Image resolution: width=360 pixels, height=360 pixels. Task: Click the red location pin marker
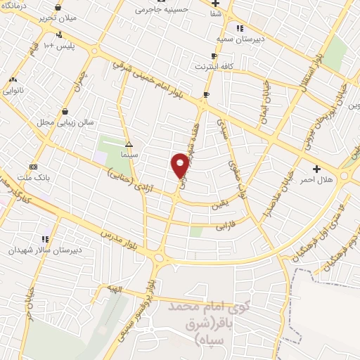tap(180, 165)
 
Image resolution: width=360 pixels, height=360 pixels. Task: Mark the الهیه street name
tap(112, 289)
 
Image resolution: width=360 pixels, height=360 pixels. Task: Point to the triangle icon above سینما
tap(128, 143)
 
